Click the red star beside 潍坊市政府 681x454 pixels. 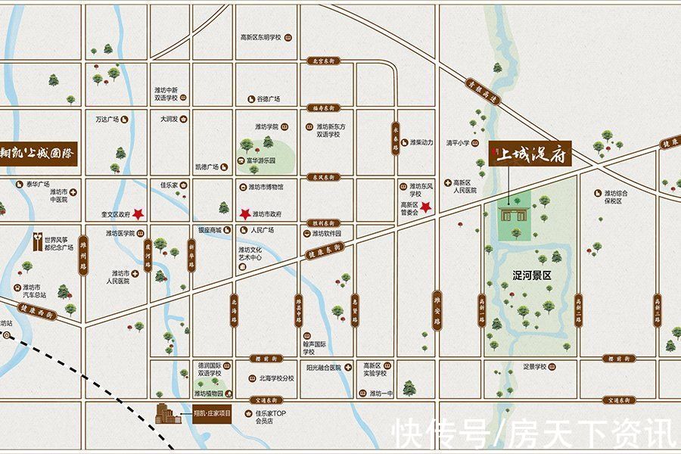tap(244, 213)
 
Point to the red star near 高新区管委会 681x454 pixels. tap(426, 207)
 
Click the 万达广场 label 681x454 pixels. tap(108, 120)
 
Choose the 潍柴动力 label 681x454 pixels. tap(421, 141)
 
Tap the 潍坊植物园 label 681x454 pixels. tap(209, 393)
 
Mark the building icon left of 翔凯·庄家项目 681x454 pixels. tap(169, 415)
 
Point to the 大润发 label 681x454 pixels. tap(169, 119)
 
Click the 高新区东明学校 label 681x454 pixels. tap(260, 37)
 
